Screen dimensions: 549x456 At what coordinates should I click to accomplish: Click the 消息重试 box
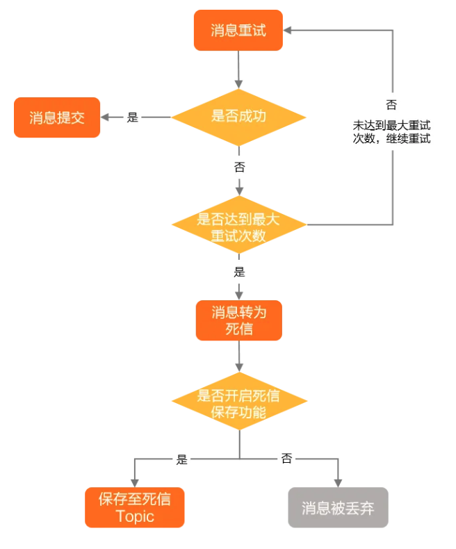tap(238, 31)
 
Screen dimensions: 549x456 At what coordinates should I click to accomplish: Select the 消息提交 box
tap(57, 117)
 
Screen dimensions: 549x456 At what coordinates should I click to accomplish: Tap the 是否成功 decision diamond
tap(238, 117)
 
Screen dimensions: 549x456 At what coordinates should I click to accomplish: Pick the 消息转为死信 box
tap(238, 320)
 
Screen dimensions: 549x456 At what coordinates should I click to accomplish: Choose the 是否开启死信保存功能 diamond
tap(238, 404)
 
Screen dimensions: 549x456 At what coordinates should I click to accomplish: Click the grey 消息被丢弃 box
tap(338, 507)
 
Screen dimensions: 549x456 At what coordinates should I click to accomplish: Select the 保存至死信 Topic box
tap(135, 507)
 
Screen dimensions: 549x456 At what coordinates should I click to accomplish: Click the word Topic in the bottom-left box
tap(135, 517)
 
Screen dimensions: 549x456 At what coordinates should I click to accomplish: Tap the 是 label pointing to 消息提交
tap(133, 117)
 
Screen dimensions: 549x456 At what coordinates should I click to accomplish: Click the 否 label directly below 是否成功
tap(239, 167)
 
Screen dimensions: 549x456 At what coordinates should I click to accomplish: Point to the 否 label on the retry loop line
tap(392, 105)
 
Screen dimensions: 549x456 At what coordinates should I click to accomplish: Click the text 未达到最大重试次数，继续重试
tap(392, 132)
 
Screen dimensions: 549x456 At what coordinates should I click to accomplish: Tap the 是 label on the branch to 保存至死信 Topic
tap(182, 459)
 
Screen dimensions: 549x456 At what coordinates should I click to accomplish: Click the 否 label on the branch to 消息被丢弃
tap(286, 459)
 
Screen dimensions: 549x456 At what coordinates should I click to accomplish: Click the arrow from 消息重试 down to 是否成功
tap(238, 69)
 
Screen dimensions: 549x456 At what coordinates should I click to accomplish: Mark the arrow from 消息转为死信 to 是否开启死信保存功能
tap(239, 357)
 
